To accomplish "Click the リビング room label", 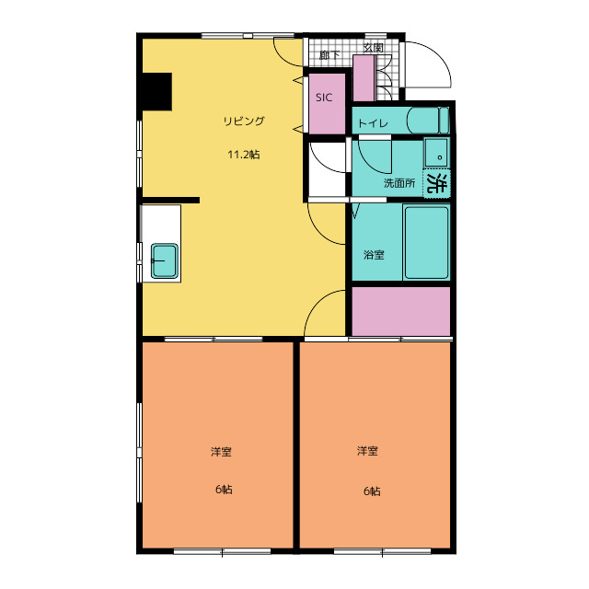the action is [x=244, y=121].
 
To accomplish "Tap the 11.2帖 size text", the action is [x=244, y=155].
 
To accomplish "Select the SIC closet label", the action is [x=324, y=98].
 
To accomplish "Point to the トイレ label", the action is [x=373, y=123].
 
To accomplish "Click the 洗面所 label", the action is [x=399, y=183].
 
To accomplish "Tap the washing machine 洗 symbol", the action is [x=437, y=183].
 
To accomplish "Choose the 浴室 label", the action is [x=375, y=255].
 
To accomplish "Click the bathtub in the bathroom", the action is [x=426, y=242].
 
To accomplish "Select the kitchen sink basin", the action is [x=165, y=261].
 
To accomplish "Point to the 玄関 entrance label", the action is [x=374, y=48].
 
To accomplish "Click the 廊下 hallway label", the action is [x=329, y=55].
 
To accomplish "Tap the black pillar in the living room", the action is [x=157, y=91].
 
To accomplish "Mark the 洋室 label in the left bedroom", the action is [x=221, y=452].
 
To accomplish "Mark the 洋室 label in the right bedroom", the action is [x=367, y=451].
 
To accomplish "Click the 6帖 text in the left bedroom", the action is [x=224, y=490].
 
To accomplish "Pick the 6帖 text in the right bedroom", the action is [x=372, y=491].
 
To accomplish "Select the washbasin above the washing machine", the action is [x=435, y=153].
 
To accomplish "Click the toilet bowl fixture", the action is [x=427, y=121].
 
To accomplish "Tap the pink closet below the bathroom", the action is [x=401, y=311].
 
